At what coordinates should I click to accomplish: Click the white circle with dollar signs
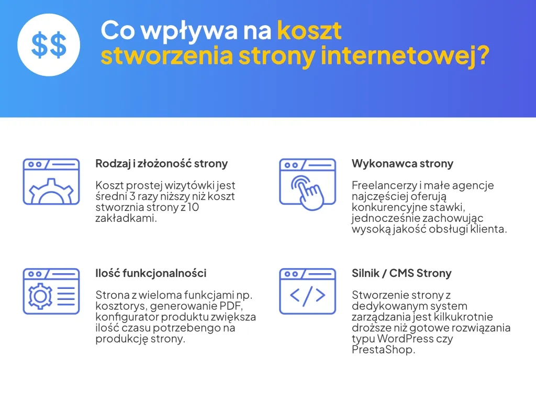[49, 44]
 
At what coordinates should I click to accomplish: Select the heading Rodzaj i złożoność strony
[161, 164]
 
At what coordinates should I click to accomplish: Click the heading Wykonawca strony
[402, 164]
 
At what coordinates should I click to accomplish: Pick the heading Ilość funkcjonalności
[151, 273]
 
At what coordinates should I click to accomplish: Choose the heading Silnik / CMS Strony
[401, 273]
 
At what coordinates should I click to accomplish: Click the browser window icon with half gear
[51, 181]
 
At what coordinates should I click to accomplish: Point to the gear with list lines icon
[51, 291]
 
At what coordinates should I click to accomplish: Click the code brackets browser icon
[307, 291]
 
